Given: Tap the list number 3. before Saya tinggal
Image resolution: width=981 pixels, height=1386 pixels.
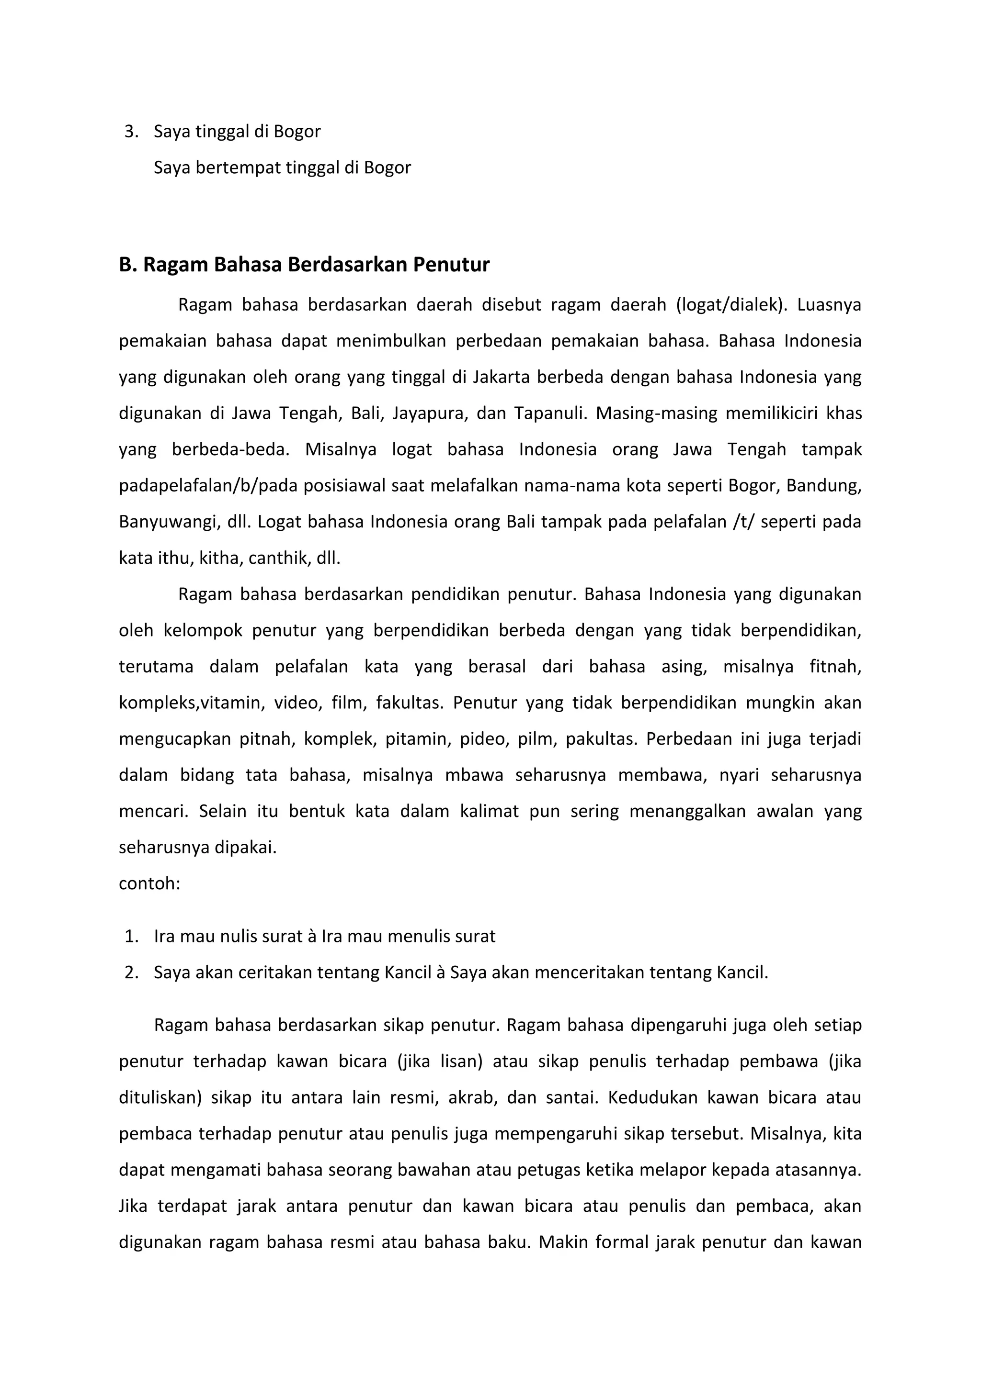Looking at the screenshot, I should click(x=131, y=131).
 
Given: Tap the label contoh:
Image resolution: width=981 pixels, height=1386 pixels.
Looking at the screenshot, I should click(x=149, y=884).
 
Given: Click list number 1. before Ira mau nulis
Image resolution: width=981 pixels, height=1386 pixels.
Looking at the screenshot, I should click(x=131, y=936).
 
